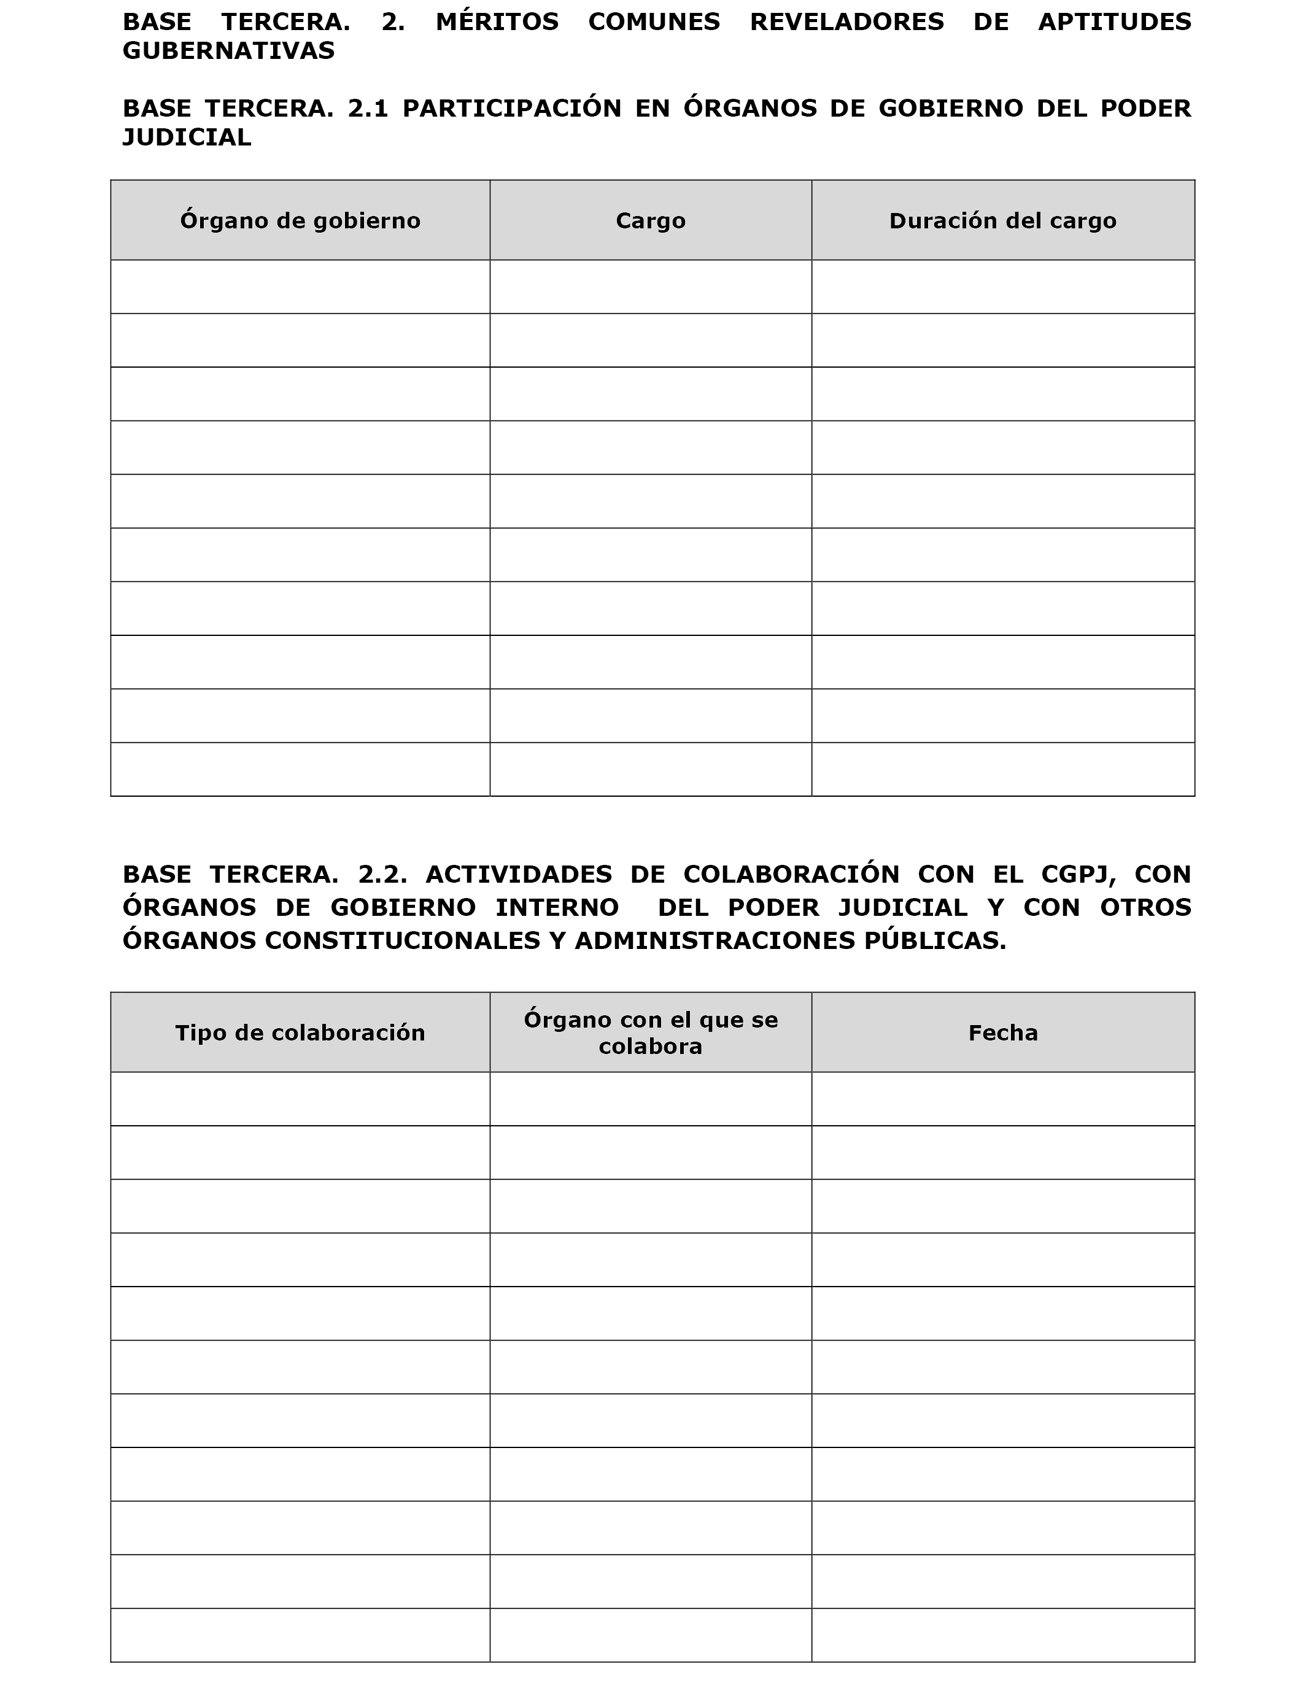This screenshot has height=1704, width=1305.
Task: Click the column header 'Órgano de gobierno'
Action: (300, 220)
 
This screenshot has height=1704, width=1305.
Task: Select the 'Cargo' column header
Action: (650, 220)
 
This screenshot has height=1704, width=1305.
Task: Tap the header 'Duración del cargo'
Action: (1002, 220)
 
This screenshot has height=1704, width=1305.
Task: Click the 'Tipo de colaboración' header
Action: (300, 1032)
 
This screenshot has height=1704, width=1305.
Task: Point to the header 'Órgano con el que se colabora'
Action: (650, 1032)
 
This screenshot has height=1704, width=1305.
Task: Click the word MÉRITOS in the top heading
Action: (497, 21)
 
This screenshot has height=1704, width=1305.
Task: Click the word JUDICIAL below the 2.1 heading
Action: (187, 137)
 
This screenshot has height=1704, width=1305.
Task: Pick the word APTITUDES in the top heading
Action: (1114, 21)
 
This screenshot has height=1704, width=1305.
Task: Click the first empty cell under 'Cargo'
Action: (650, 287)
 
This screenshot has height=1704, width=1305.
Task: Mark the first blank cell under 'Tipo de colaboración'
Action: (300, 1099)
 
